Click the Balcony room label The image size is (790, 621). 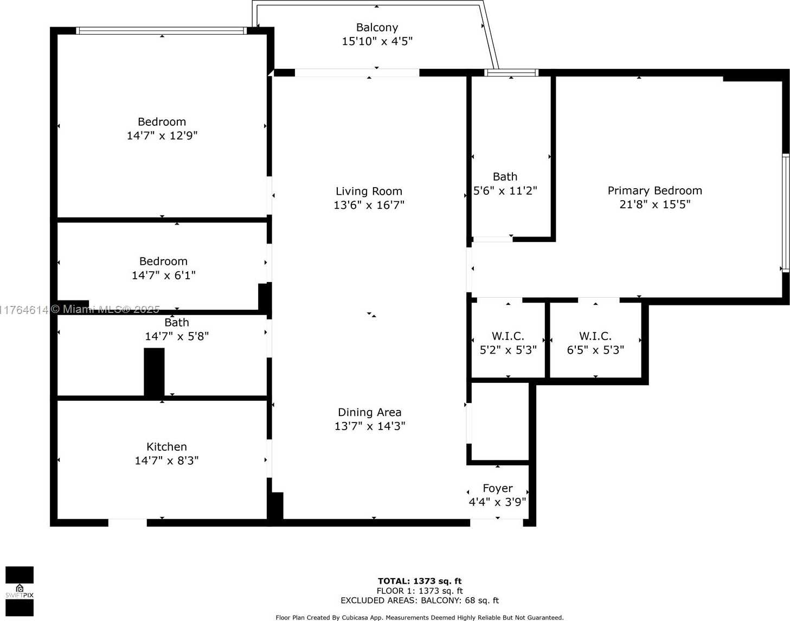tap(377, 28)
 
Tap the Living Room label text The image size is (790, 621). tap(369, 191)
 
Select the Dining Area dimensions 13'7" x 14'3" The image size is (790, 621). tap(370, 426)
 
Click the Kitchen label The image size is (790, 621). tap(166, 447)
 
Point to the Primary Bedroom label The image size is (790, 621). tap(654, 191)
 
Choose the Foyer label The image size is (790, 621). tap(498, 489)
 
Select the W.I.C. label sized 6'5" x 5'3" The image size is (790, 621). tap(595, 336)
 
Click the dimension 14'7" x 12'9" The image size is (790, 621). tap(162, 136)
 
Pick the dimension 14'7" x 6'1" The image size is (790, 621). tap(163, 276)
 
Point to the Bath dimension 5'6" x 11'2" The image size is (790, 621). tap(505, 191)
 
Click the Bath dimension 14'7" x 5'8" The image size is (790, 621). tap(177, 336)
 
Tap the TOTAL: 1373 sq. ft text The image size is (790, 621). tap(420, 581)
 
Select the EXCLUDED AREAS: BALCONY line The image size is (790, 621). tap(420, 600)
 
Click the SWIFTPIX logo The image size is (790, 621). tap(20, 591)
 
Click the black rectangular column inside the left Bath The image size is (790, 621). tap(154, 372)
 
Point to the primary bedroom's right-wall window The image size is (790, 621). tap(785, 213)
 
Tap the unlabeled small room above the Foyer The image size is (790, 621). tap(499, 422)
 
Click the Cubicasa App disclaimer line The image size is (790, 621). tap(420, 617)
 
